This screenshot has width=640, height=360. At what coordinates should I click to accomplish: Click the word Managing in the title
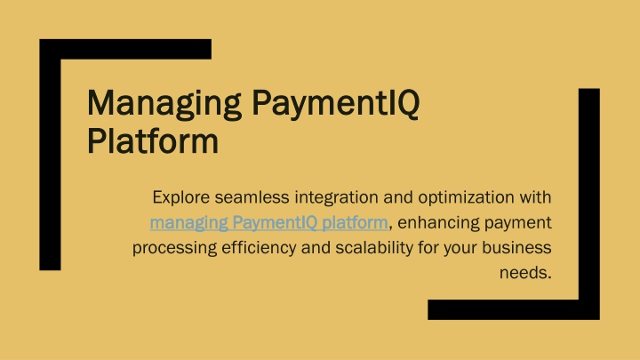tap(164, 104)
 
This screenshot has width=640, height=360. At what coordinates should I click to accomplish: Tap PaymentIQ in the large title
tap(336, 104)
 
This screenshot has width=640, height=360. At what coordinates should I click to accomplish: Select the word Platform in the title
tap(153, 140)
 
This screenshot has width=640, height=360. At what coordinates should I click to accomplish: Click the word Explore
tap(180, 197)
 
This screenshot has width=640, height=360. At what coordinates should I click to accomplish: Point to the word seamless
tap(252, 197)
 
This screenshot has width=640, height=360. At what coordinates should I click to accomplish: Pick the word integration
tap(336, 198)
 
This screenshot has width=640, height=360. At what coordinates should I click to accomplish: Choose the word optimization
tap(466, 198)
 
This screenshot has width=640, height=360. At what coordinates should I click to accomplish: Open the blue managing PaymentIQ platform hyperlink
tap(268, 223)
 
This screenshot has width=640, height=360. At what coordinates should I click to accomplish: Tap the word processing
tap(174, 248)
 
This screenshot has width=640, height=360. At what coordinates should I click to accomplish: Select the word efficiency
tap(259, 248)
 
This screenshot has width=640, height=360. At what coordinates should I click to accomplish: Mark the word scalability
tap(374, 248)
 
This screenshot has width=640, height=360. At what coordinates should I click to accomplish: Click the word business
tap(516, 247)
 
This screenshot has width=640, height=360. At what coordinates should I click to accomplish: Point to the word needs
tap(525, 273)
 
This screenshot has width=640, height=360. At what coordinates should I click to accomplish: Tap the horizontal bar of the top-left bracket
tap(125, 50)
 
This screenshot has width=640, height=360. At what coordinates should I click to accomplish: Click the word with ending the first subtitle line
tap(535, 197)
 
